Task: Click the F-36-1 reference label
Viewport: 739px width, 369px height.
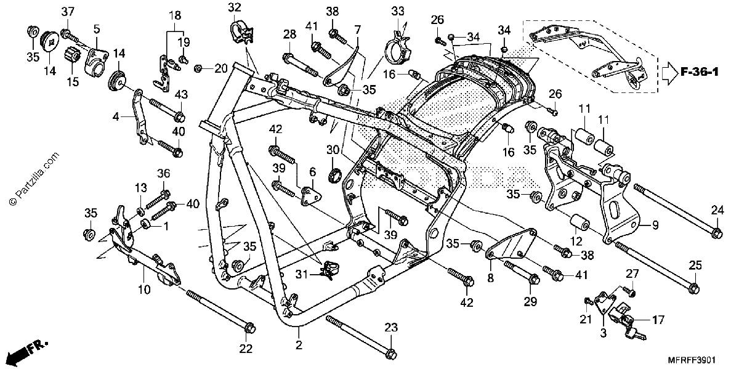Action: click(x=700, y=72)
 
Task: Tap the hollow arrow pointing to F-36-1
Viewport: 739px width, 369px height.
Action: click(x=669, y=73)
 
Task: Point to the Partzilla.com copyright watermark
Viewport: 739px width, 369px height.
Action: click(x=34, y=179)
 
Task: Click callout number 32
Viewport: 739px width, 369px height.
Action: click(x=235, y=7)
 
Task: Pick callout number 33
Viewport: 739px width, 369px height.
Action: click(x=398, y=12)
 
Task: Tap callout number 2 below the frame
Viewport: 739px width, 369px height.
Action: click(x=299, y=346)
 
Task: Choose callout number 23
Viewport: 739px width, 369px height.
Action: click(x=391, y=328)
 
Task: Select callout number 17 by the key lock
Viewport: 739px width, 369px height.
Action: click(x=658, y=320)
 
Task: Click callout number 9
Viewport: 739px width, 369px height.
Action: click(x=655, y=225)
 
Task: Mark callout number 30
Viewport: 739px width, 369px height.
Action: click(x=333, y=150)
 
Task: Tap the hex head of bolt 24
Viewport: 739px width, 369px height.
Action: click(x=717, y=233)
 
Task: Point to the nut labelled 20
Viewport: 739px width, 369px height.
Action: click(x=198, y=68)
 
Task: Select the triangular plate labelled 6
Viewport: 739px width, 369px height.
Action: click(x=311, y=196)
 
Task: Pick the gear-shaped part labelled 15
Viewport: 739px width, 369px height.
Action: click(x=72, y=56)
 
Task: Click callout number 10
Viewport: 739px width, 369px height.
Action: click(x=144, y=290)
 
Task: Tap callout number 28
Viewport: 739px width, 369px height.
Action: click(x=289, y=34)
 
